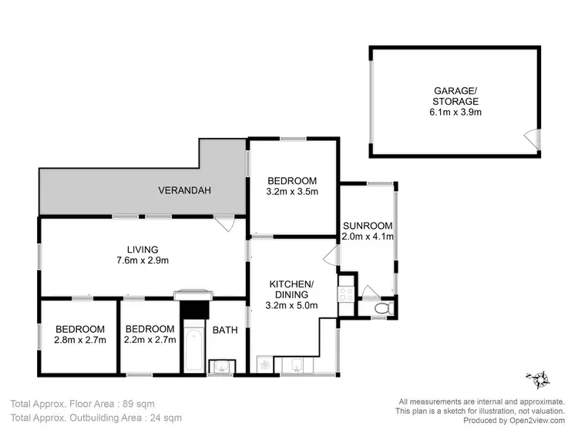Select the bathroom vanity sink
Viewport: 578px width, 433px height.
pos(224,366)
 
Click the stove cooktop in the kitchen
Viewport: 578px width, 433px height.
pos(346,294)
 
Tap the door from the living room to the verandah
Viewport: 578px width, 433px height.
pos(226,224)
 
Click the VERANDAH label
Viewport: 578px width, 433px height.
pos(184,190)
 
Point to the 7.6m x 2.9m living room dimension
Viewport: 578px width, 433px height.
pos(143,260)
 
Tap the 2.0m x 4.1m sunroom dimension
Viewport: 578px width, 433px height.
pos(368,237)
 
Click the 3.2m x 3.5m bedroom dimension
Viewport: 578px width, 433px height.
pos(292,191)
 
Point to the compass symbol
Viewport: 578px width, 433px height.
pos(539,379)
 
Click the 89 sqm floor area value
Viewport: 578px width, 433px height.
pos(127,403)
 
